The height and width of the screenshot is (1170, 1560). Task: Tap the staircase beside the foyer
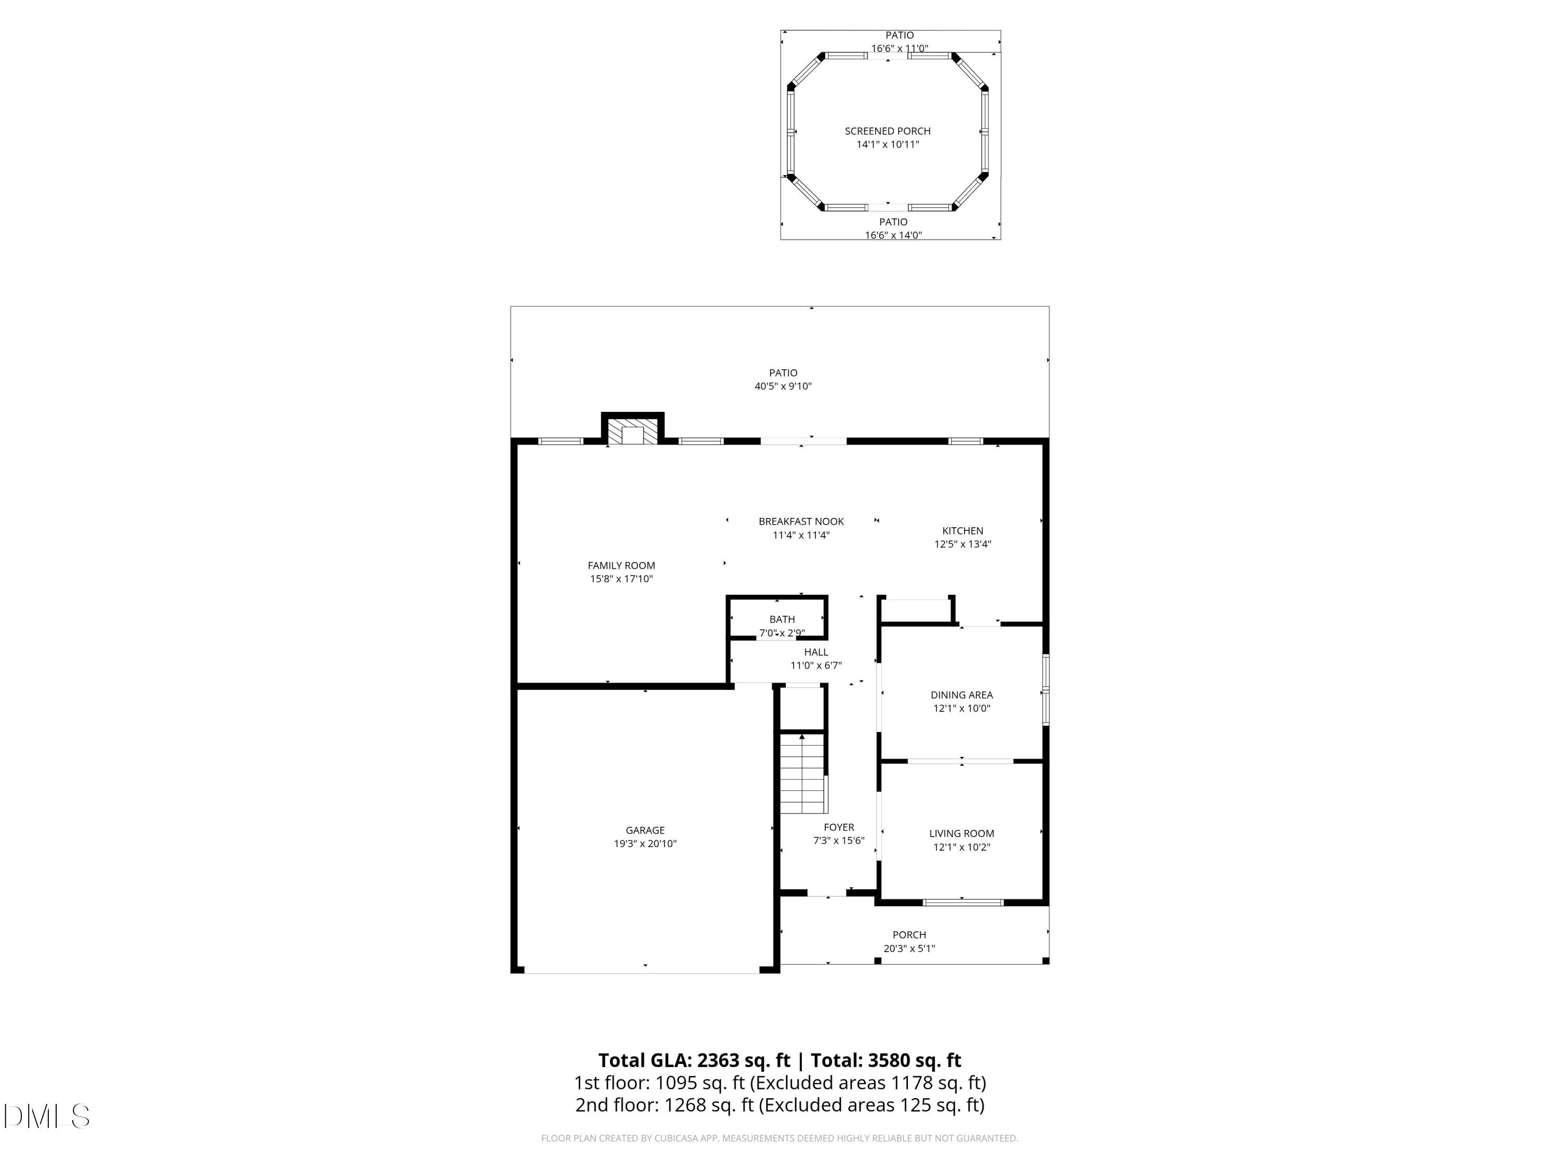802,774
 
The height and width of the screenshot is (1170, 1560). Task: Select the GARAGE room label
645,830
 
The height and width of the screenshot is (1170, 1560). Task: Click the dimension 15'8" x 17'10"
621,579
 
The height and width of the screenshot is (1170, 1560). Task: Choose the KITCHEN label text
962,530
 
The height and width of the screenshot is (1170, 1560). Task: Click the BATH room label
782,619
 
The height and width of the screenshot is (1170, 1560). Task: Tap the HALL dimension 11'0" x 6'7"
815,665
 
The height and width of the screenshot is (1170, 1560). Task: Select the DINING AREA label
961,695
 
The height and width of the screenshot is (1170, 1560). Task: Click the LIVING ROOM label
961,833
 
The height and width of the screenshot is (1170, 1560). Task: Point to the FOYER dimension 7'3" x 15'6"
839,841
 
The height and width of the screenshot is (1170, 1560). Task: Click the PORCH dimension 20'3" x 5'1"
909,948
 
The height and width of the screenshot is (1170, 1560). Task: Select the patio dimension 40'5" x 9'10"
783,386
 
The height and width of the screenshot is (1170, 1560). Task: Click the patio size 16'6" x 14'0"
893,236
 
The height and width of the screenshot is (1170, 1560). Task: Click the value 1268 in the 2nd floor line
685,1104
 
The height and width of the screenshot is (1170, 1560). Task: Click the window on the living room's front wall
963,902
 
